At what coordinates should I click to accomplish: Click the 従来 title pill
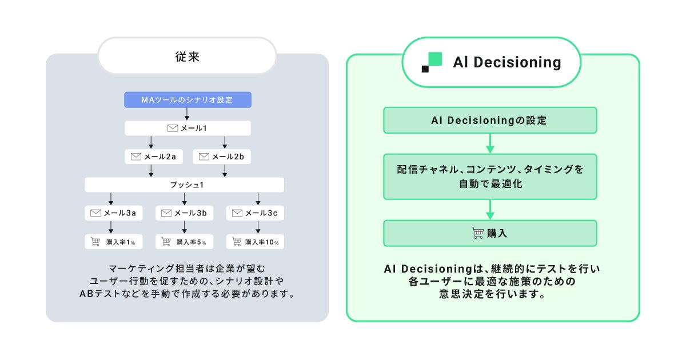pos(187,56)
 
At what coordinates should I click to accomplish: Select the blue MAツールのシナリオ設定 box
pos(187,100)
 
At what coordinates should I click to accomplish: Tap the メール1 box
pos(187,128)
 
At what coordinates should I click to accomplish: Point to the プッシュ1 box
pos(184,185)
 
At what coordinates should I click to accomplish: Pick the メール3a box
pos(113,213)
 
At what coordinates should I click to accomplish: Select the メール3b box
pos(184,213)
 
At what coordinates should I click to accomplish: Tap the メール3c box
pos(255,213)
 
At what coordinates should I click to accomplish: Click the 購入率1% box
pos(113,242)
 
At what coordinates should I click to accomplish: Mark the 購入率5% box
pos(184,242)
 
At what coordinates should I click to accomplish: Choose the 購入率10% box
pos(255,242)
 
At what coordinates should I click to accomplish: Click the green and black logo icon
pos(432,62)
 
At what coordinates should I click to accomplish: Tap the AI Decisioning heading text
pos(507,62)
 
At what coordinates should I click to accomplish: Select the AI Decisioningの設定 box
pos(490,121)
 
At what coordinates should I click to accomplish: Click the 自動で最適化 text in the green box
pos(490,185)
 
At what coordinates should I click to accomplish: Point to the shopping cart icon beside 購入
pos(478,233)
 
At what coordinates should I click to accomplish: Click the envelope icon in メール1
pos(173,128)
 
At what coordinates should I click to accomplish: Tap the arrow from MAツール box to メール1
pos(187,114)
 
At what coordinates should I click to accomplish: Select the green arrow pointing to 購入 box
pos(490,210)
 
